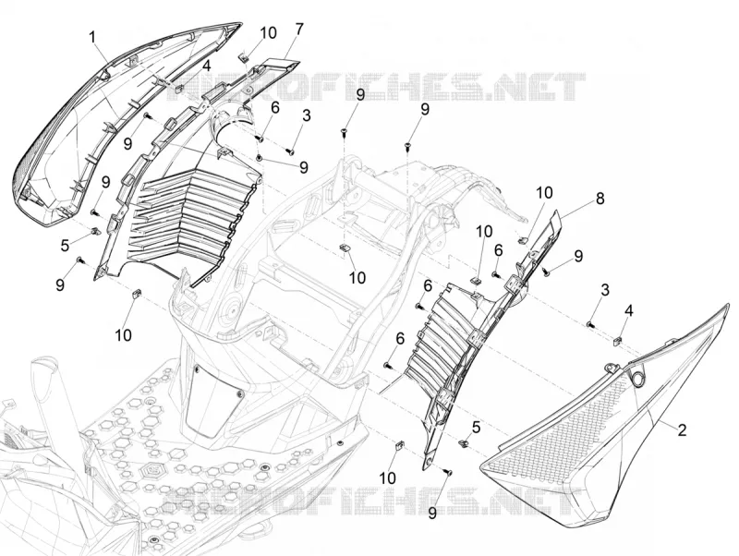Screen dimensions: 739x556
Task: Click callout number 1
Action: point(93,37)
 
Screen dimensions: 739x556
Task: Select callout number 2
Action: point(682,429)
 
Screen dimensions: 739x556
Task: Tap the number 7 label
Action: point(299,30)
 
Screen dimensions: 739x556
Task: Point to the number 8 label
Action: point(600,199)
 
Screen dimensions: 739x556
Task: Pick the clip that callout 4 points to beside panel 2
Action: point(618,340)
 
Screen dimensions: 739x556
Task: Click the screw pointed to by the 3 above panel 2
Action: point(589,323)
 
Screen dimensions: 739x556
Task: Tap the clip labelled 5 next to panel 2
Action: point(464,443)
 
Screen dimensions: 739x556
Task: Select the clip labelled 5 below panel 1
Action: point(96,231)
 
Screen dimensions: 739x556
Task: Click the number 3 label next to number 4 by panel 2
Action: point(605,290)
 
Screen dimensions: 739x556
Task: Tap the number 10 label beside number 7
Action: point(268,33)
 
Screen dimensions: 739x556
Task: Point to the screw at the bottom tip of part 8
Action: point(448,471)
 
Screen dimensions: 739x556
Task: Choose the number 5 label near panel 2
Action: point(476,428)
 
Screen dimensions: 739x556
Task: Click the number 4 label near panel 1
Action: point(206,66)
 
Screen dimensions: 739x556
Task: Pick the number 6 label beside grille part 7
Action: point(274,108)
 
